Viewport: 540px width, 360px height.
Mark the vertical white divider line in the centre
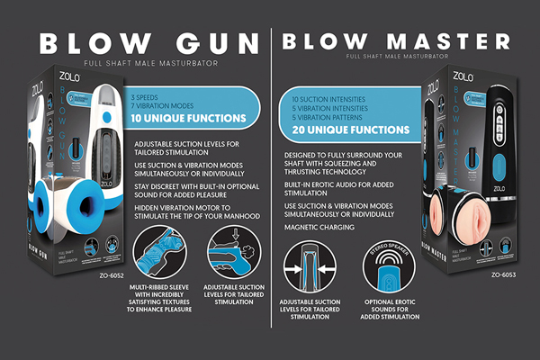271,180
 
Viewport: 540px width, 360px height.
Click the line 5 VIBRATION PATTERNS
327,118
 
